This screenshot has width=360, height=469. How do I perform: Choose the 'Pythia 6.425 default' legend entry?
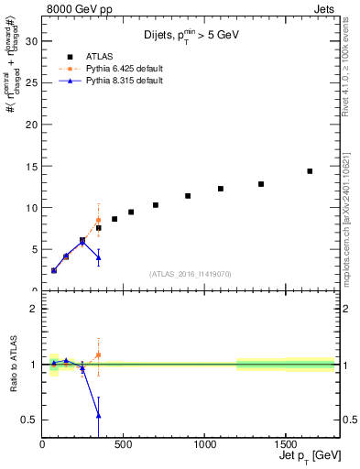pyautogui.click(x=125, y=68)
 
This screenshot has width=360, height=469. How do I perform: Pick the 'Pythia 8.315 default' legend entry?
pyautogui.click(x=125, y=81)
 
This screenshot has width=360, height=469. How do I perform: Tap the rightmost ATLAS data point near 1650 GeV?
pyautogui.click(x=310, y=171)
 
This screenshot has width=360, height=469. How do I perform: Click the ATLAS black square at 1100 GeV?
pyautogui.click(x=221, y=189)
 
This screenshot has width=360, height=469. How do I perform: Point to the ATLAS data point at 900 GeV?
pyautogui.click(x=188, y=196)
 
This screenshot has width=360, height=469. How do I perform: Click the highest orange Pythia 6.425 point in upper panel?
pyautogui.click(x=98, y=220)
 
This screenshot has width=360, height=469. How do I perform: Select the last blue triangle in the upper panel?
pyautogui.click(x=98, y=257)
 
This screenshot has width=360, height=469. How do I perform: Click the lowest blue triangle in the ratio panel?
pyautogui.click(x=98, y=416)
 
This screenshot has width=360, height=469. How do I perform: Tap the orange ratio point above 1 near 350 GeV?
pyautogui.click(x=98, y=354)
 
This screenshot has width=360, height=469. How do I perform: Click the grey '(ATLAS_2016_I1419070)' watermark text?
pyautogui.click(x=190, y=274)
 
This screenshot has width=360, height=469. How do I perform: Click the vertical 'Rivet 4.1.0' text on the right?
pyautogui.click(x=349, y=73)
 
